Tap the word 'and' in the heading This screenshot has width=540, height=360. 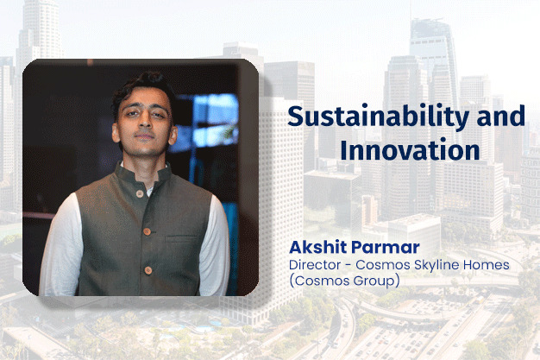[500, 117]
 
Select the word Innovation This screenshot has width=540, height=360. [410, 149]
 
